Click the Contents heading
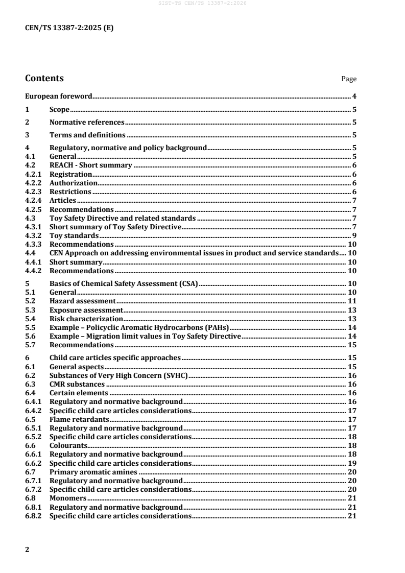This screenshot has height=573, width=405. coord(44,79)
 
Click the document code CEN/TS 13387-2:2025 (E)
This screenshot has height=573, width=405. coord(69,29)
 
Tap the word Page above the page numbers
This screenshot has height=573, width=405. coord(349,79)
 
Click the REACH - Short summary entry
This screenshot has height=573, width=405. coord(91,166)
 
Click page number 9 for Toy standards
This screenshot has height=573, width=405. coord(354,236)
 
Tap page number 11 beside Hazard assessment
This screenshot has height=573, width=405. coord(352,301)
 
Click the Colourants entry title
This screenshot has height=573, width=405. coord(65,445)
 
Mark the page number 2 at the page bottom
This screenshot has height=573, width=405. coord(27,550)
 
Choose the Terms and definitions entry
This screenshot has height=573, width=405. coord(87,135)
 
